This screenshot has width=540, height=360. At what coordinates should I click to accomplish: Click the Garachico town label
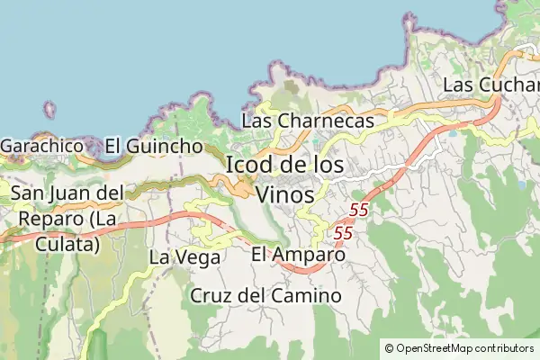[x=43, y=146]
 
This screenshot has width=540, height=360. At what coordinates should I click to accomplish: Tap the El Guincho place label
[x=153, y=146]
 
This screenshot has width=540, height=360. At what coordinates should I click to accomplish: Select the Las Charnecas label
[x=308, y=121]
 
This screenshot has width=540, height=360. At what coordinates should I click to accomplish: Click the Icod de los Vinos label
[x=283, y=179]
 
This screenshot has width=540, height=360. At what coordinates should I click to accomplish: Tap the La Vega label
[x=184, y=257]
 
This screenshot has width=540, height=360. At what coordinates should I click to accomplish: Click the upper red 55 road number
[x=359, y=210]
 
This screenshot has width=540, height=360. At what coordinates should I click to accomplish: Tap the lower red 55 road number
[x=343, y=233]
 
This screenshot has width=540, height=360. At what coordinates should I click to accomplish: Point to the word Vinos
[x=285, y=193]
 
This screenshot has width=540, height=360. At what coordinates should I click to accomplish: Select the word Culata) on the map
[x=67, y=243]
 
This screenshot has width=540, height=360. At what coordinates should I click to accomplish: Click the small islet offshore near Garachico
[x=49, y=111]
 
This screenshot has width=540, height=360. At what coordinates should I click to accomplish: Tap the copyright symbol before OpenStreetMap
[x=389, y=348]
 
